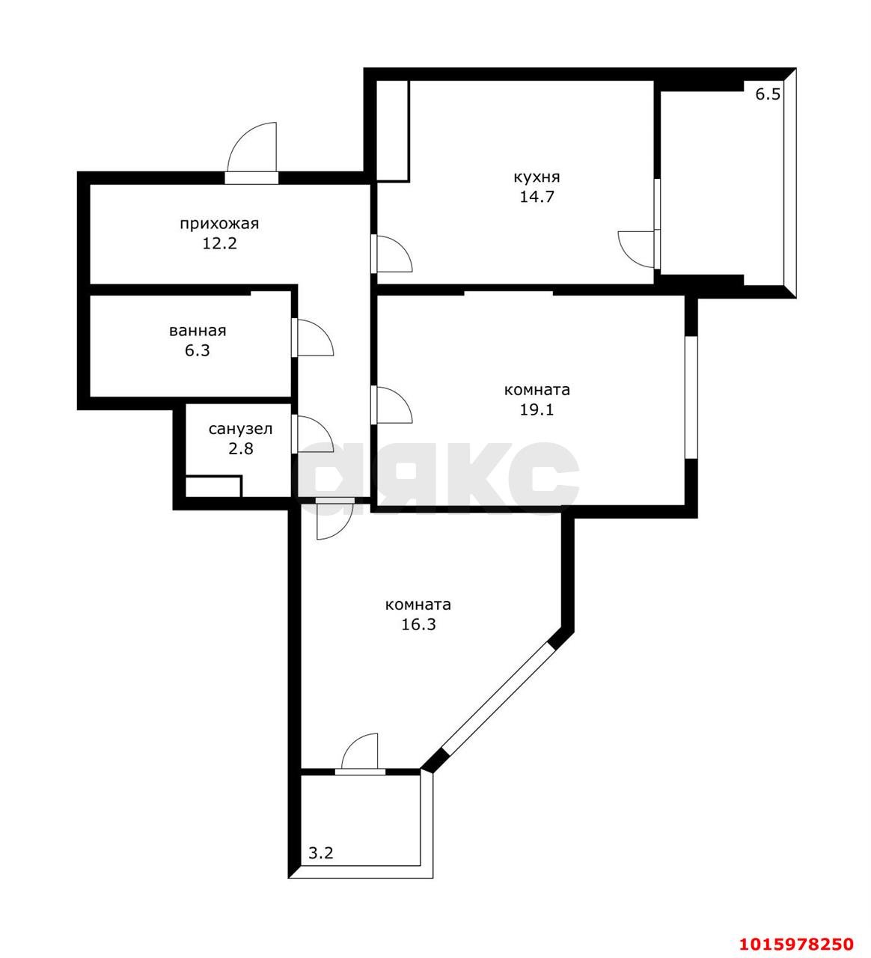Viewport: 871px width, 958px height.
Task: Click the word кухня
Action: click(x=536, y=177)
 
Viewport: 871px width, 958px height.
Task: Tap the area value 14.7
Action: click(x=536, y=198)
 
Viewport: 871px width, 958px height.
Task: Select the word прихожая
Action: click(x=218, y=223)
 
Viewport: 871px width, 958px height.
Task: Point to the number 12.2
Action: click(x=218, y=243)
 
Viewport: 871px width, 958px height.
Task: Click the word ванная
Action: click(x=198, y=330)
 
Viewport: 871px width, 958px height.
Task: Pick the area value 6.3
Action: click(x=198, y=350)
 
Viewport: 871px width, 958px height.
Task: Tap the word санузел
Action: click(x=240, y=429)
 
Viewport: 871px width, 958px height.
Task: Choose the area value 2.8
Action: click(x=240, y=449)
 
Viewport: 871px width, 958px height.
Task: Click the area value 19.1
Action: click(x=537, y=409)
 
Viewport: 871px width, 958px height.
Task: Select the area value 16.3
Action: click(x=418, y=624)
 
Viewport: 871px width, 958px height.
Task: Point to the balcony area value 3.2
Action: click(x=321, y=852)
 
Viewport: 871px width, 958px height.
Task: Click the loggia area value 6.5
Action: click(x=767, y=94)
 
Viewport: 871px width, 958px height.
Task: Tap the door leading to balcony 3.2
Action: click(x=361, y=753)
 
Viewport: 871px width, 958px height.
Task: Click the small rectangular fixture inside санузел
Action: click(x=213, y=486)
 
